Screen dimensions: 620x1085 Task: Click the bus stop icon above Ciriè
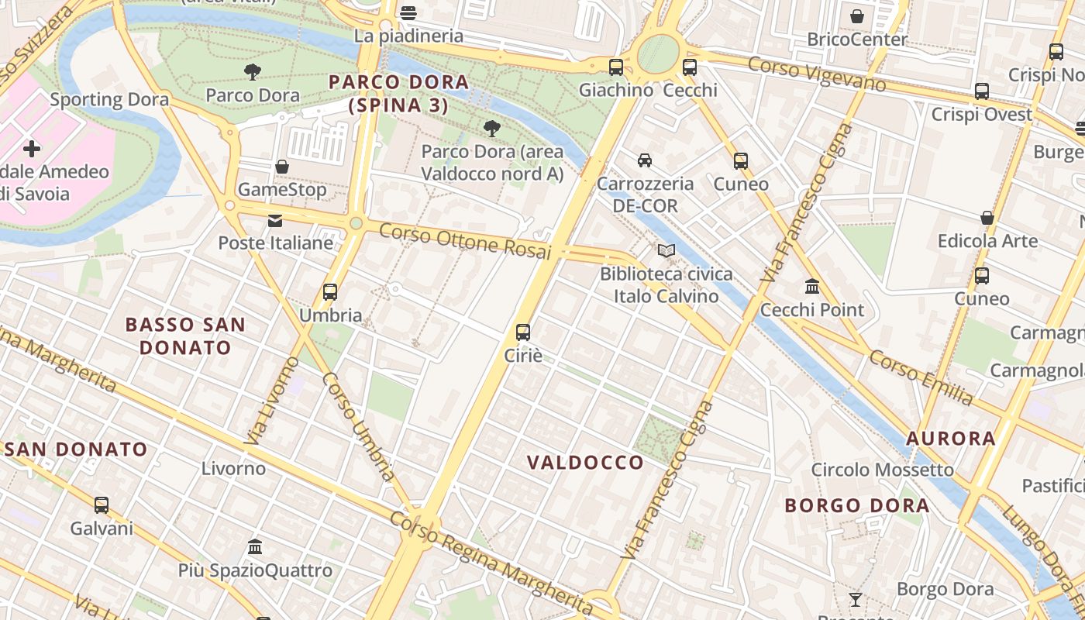tap(523, 332)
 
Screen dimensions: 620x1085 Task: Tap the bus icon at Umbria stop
tap(330, 292)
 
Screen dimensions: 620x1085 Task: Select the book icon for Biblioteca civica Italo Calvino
tap(666, 250)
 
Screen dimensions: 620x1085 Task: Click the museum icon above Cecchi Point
tap(812, 287)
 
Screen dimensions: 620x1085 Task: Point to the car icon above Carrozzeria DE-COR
tap(644, 160)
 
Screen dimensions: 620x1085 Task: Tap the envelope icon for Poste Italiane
tap(275, 221)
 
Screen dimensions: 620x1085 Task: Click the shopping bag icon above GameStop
tap(282, 167)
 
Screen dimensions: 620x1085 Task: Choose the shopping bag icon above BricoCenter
tap(857, 16)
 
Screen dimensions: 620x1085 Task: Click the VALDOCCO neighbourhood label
tap(585, 463)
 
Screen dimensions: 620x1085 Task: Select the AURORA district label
tap(950, 439)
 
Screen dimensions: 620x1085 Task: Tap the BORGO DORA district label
tap(856, 506)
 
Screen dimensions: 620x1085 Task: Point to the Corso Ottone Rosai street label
tap(465, 242)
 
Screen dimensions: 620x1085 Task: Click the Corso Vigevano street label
tap(817, 74)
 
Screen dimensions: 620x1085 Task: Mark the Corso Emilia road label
tap(920, 377)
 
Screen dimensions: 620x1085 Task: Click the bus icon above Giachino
tap(616, 67)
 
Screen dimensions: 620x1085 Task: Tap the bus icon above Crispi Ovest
tap(982, 91)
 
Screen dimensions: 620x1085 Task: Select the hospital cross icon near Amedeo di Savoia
tap(32, 148)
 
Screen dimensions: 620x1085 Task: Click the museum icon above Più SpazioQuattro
tap(255, 547)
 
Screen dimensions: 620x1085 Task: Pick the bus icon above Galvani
tap(102, 505)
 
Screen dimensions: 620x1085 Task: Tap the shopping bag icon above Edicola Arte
tap(987, 218)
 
